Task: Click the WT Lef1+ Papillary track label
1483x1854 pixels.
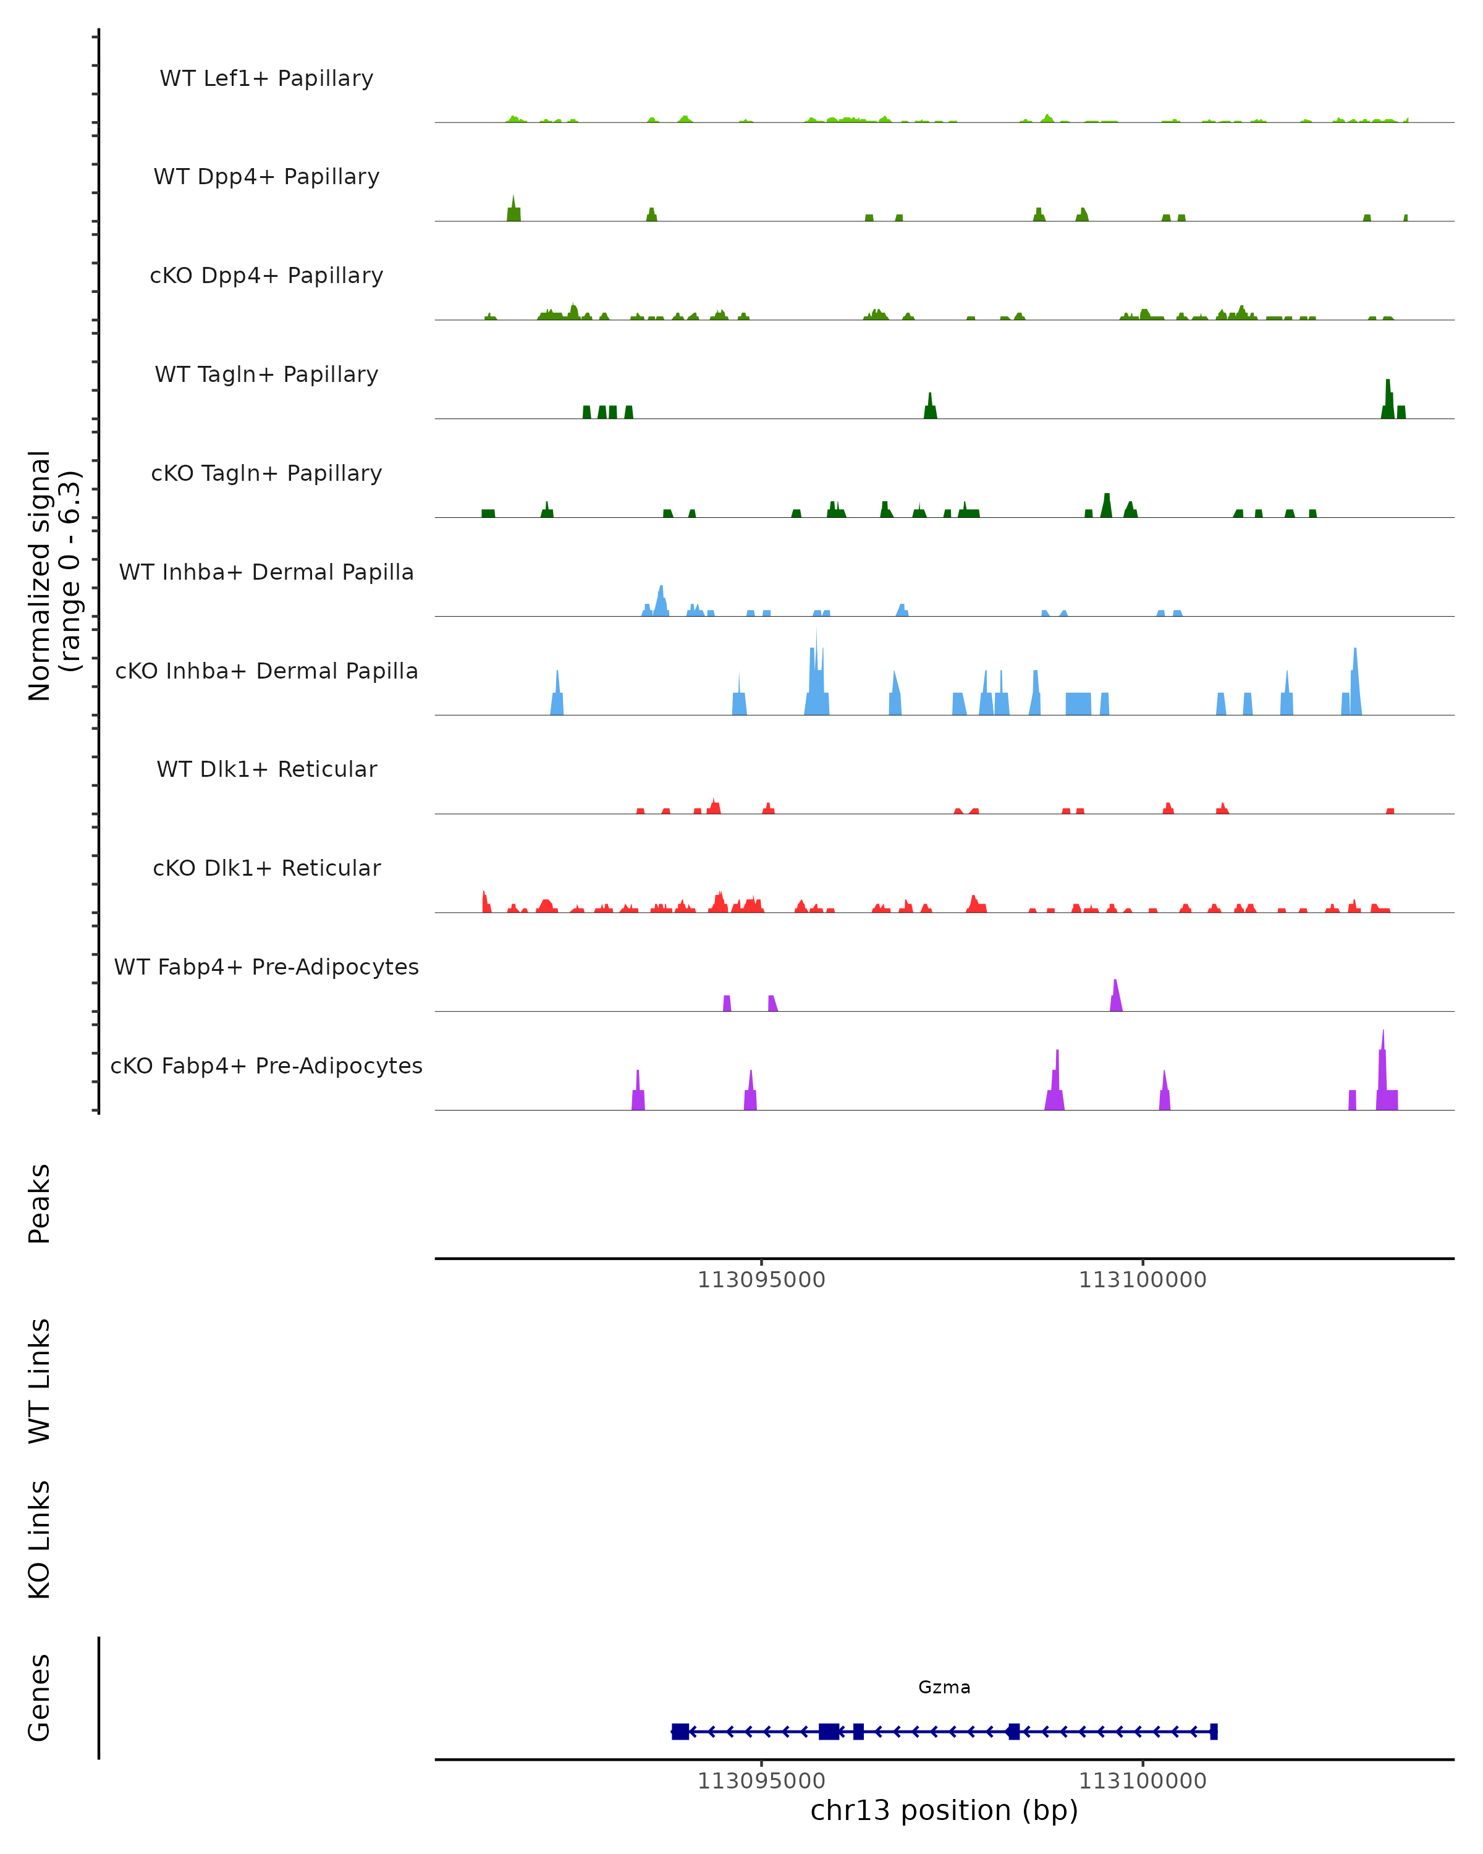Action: click(266, 78)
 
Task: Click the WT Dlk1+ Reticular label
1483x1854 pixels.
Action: click(266, 769)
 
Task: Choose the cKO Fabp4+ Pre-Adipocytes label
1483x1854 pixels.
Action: click(266, 1065)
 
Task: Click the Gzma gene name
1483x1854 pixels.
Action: click(944, 1687)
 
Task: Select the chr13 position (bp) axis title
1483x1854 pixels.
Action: click(944, 1810)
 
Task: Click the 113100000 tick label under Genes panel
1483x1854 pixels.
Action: click(1143, 1781)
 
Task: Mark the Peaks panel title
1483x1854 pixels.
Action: click(40, 1203)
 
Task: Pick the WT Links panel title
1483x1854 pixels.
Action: click(40, 1380)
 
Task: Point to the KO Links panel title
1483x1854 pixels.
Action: click(40, 1539)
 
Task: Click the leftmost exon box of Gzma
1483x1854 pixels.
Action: click(680, 1732)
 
